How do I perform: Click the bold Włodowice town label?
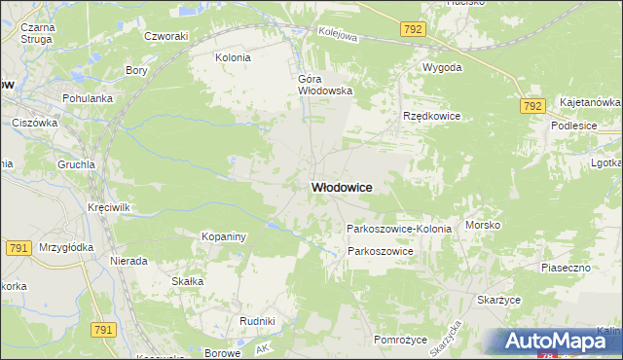pyautogui.click(x=342, y=187)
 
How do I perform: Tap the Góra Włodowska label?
pyautogui.click(x=324, y=85)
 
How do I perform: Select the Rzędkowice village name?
pyautogui.click(x=431, y=116)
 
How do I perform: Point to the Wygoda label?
pyautogui.click(x=441, y=68)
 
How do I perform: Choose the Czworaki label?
pyautogui.click(x=165, y=36)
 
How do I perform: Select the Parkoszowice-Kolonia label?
pyautogui.click(x=399, y=229)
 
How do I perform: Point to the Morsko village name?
pyautogui.click(x=483, y=225)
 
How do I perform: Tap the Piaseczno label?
pyautogui.click(x=567, y=267)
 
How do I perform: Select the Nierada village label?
pyautogui.click(x=128, y=261)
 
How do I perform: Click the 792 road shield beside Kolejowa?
pyautogui.click(x=412, y=30)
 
